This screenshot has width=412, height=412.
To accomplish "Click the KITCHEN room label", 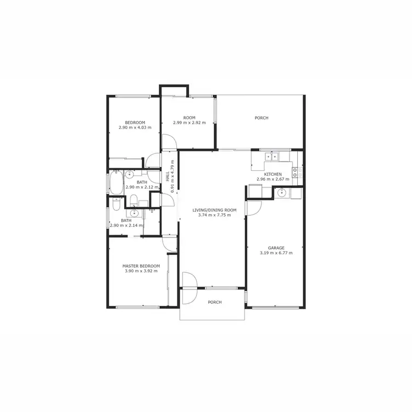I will (273, 174).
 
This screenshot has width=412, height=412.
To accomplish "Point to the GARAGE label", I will (276, 248).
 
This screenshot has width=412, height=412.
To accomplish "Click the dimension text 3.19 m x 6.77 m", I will (276, 253).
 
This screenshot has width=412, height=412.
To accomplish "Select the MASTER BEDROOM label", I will (141, 266).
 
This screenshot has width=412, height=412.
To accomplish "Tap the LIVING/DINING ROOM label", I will (214, 210).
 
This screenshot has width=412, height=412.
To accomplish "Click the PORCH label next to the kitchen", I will (261, 118).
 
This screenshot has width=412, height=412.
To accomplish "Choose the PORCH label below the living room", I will (215, 302).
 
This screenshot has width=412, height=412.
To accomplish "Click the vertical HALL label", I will (167, 177).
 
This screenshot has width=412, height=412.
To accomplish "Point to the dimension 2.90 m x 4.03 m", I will (135, 128).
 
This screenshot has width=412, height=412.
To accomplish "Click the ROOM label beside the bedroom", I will (190, 118).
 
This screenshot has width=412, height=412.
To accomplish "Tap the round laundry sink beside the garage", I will (281, 192).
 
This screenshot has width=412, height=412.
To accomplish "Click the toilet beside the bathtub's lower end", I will (116, 204).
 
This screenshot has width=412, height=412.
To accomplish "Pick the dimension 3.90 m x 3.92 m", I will (141, 271).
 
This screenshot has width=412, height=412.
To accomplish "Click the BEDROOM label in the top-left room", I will (135, 123).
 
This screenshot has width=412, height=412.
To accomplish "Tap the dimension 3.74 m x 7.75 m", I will (214, 215).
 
